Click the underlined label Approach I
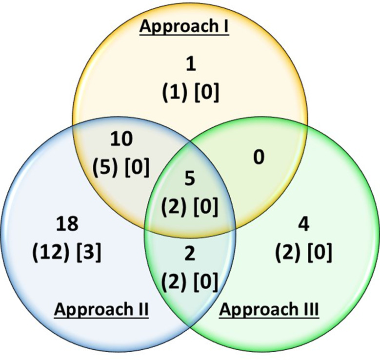(185, 27)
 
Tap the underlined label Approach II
(101, 309)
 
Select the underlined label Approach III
(269, 309)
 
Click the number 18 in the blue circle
(67, 224)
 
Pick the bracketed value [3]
(88, 253)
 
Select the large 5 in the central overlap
(190, 179)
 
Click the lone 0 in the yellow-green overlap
(259, 158)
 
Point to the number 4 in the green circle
(303, 225)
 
